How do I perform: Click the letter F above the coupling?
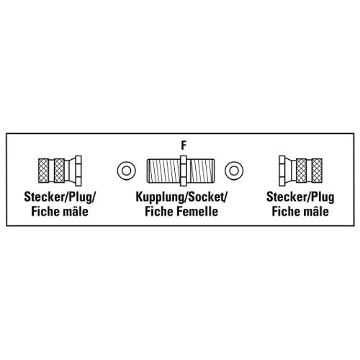point(184,145)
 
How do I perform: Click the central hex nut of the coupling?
point(183,171)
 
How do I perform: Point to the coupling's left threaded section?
point(163,171)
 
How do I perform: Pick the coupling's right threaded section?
point(201,171)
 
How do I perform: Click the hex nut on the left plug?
point(78,171)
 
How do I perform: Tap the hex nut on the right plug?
point(282,171)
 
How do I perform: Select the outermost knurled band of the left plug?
point(43,171)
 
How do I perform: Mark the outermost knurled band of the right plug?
point(317,171)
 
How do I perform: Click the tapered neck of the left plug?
point(70,171)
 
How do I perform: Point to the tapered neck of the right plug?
point(291,171)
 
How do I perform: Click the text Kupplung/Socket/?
point(181,197)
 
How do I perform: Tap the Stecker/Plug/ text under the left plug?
point(60,197)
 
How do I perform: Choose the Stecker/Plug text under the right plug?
point(300,197)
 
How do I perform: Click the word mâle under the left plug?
point(74,212)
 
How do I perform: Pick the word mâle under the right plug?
point(315,212)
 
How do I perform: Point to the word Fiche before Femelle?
point(160,212)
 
